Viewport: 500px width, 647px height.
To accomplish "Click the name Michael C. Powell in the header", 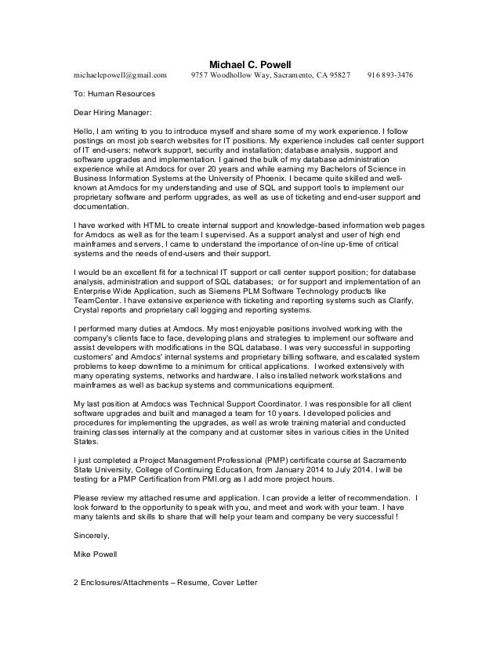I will coord(250,63).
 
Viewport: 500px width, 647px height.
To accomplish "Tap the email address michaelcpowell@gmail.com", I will coord(121,75).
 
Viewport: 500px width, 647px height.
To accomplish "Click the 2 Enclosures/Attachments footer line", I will coord(164,583).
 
